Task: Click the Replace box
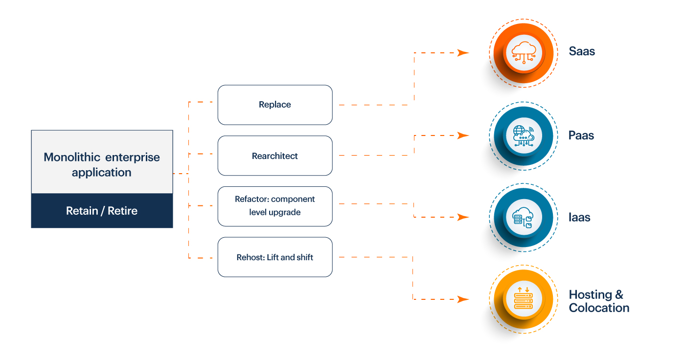point(275,105)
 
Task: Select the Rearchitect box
point(275,156)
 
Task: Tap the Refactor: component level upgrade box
point(275,206)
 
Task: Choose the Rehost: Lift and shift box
point(275,257)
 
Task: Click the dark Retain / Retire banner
point(102,211)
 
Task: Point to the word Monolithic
point(72,157)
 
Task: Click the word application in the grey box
point(102,173)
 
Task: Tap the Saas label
point(582,51)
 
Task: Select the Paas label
point(581,135)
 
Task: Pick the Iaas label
point(579,217)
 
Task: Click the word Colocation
point(599,308)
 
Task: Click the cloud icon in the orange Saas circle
point(524,52)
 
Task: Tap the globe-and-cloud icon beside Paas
point(524,135)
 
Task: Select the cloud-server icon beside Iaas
point(523,217)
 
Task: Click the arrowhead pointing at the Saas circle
point(463,53)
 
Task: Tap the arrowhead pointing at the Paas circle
point(463,135)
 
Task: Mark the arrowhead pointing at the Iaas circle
point(463,217)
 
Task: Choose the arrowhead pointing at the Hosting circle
point(463,299)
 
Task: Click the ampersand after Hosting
point(619,294)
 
